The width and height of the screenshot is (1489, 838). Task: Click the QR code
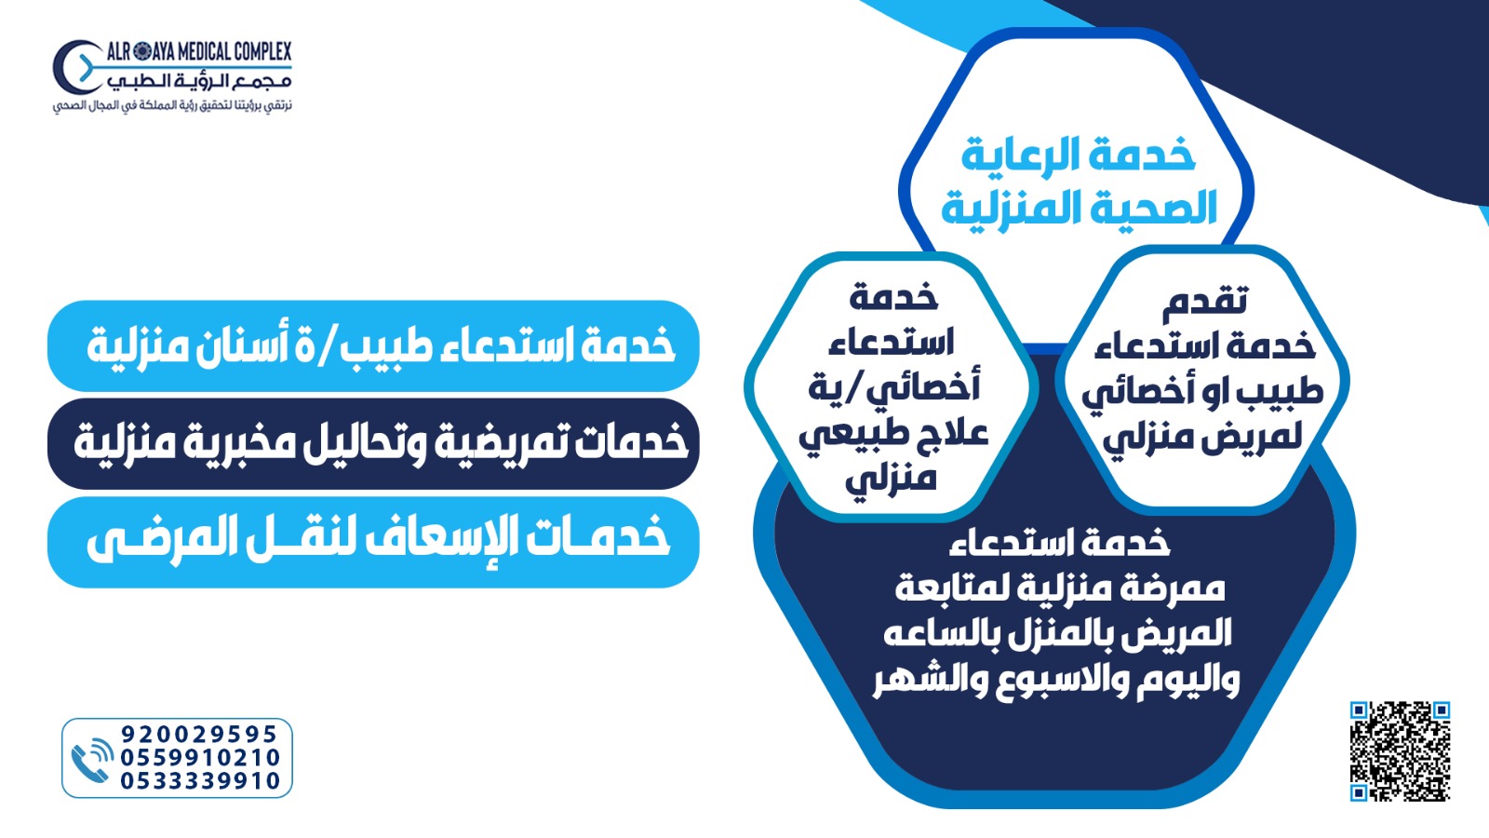tap(1400, 750)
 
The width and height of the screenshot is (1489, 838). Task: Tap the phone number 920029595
tap(199, 734)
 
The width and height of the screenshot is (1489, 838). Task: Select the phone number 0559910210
tap(200, 757)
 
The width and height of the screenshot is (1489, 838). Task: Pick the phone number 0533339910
tap(200, 780)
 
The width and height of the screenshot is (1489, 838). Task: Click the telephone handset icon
tap(92, 761)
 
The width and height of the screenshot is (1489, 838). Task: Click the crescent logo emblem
tap(74, 66)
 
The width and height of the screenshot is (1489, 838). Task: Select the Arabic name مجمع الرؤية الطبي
tap(199, 81)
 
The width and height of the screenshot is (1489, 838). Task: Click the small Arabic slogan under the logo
tap(172, 106)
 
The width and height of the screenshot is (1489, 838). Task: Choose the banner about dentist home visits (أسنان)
tap(373, 345)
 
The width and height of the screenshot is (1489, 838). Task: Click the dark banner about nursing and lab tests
tap(373, 444)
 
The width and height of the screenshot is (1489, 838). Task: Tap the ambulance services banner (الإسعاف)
tap(373, 542)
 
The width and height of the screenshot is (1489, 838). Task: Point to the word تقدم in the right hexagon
tap(1204, 302)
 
